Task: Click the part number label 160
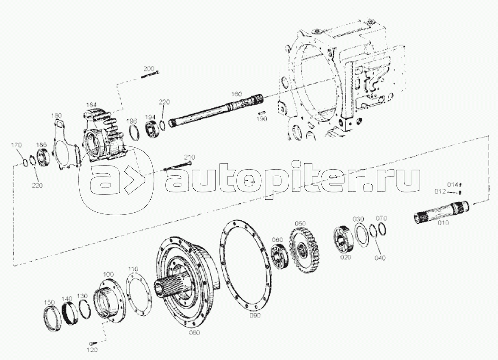coord(236,94)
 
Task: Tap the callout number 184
coord(91,105)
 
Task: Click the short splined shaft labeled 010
coord(441,213)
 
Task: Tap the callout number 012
coord(440,192)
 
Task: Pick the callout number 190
coord(262,119)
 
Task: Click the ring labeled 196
coord(134,133)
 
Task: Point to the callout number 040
coord(380,258)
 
